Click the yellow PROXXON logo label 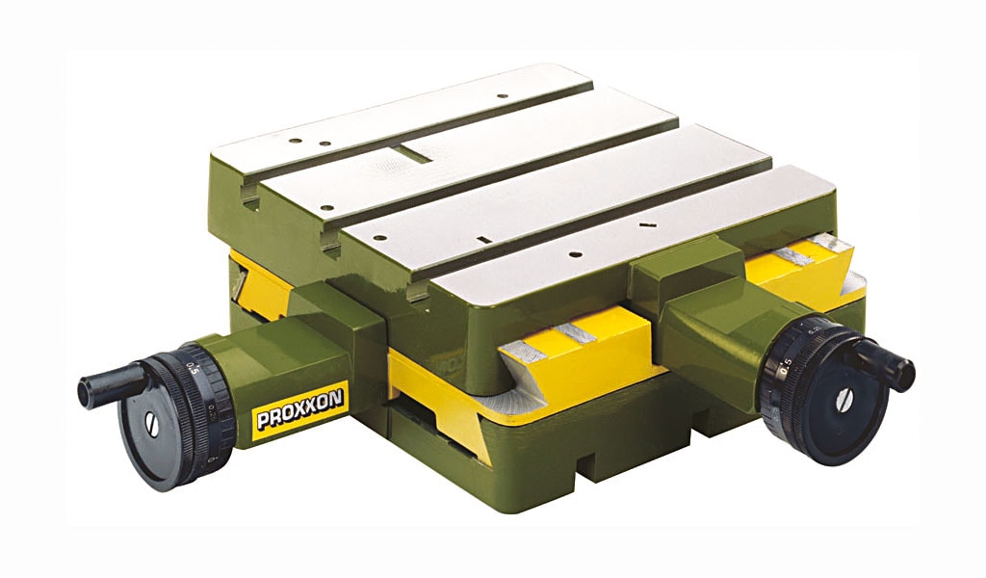point(300,408)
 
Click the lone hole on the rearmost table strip point(501,96)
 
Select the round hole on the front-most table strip point(574,255)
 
